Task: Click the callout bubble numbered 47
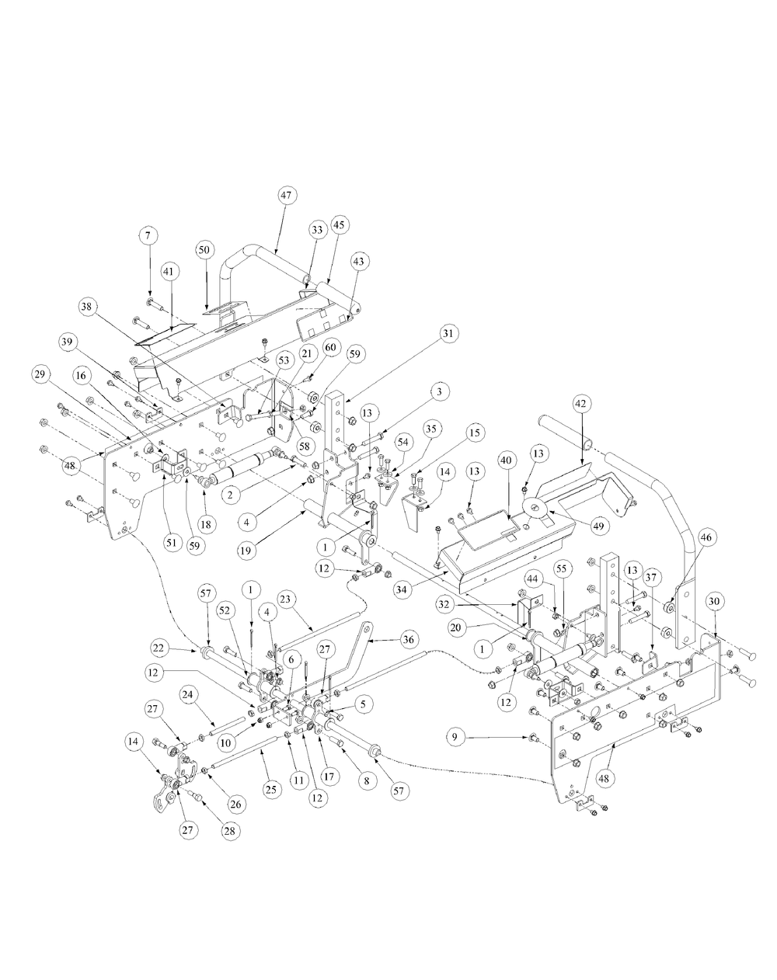pos(285,196)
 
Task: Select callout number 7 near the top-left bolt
pos(148,234)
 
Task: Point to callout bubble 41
pos(168,271)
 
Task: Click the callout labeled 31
pos(449,333)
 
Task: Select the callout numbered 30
pos(714,600)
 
